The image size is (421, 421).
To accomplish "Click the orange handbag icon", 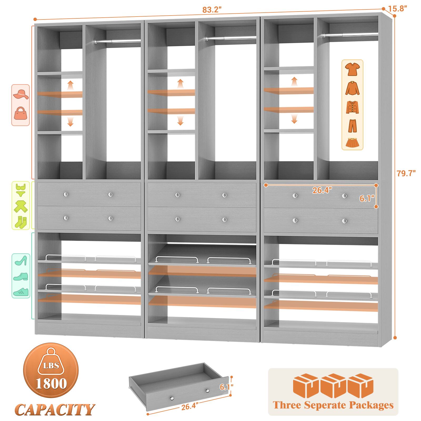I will (21, 113).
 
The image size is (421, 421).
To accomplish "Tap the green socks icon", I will (21, 222).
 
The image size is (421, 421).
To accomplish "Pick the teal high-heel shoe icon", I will (21, 260).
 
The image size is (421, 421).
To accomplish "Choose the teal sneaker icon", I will (21, 291).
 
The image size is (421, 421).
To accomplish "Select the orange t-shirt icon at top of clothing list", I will (352, 69).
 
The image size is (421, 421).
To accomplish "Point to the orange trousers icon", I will (352, 126).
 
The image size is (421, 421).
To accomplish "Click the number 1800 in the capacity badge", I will (52, 384).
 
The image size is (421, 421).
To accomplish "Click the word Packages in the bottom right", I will (371, 405).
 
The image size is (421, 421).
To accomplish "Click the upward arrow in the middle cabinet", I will (180, 83).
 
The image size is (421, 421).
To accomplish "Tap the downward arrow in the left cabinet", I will (70, 122).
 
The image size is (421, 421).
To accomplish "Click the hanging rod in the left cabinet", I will (117, 41).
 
